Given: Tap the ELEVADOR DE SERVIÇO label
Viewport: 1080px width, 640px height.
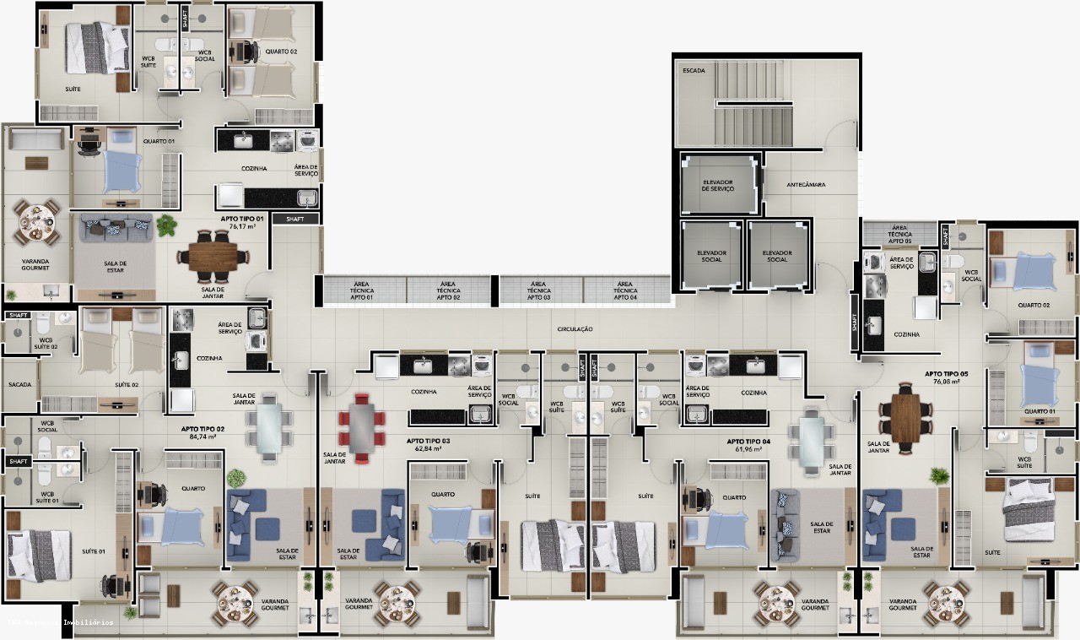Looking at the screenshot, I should [x=718, y=184].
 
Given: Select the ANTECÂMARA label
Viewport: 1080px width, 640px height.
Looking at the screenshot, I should [x=806, y=184].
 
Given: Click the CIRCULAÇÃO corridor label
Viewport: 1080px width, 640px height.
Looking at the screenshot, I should [x=575, y=328].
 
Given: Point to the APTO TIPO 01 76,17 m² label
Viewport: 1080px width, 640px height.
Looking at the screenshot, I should [x=243, y=222].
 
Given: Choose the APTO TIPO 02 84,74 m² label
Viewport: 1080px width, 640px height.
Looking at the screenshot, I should [x=202, y=433].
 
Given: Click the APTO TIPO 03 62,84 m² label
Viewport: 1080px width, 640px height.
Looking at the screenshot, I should [x=428, y=445].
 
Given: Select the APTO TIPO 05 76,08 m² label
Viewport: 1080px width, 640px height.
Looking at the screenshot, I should [x=946, y=377].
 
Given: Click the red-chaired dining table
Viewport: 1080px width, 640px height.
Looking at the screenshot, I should [x=361, y=427].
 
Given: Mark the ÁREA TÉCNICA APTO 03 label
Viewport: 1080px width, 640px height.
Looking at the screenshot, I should [x=539, y=291].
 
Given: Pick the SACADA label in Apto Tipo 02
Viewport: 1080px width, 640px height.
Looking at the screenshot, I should [x=20, y=385].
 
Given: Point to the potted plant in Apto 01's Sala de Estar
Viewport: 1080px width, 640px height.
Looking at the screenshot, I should [x=167, y=225].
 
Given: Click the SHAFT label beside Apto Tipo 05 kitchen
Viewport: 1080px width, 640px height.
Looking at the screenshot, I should [x=855, y=322].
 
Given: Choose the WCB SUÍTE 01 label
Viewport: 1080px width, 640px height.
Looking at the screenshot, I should [x=46, y=498].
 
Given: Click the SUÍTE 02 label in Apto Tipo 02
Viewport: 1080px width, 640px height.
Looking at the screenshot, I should [x=127, y=385].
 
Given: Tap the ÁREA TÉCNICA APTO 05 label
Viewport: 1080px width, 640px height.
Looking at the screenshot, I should [x=899, y=234].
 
